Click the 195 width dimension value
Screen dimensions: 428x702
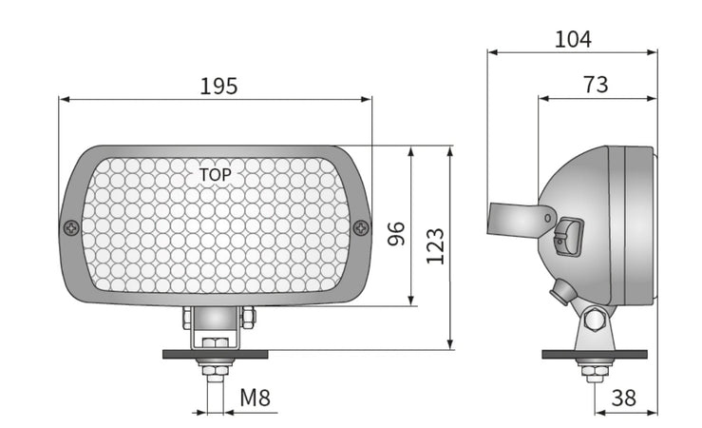tap(218, 86)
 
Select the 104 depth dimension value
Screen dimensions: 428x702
tap(573, 39)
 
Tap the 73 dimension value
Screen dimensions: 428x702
tap(596, 85)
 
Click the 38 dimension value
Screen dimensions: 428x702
tap(624, 399)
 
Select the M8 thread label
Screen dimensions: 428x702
tap(254, 398)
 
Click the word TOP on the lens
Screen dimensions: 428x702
tap(215, 175)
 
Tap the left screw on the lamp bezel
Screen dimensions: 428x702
tap(71, 227)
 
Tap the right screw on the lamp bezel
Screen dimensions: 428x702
tap(361, 227)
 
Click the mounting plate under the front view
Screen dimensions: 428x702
tap(216, 354)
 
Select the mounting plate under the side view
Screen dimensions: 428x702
tap(595, 354)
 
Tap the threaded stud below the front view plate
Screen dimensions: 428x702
tap(216, 390)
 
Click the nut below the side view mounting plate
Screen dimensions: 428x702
tap(595, 371)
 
